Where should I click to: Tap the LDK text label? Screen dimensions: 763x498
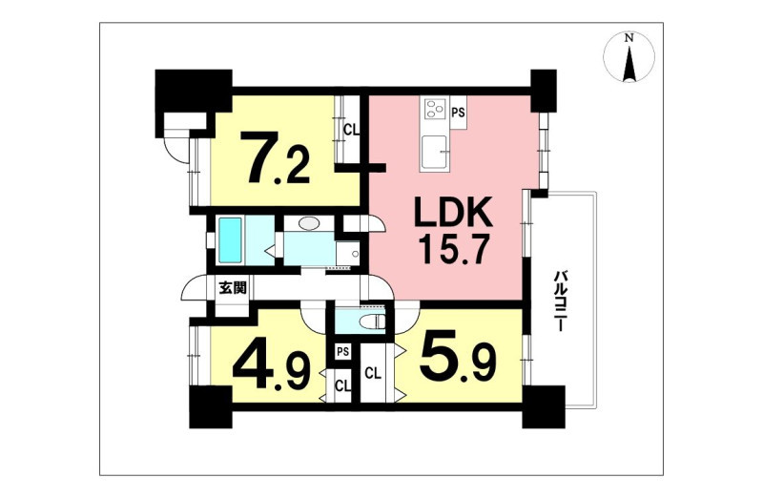[453, 212]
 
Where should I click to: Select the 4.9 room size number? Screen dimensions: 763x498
[272, 366]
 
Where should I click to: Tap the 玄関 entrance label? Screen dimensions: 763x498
[232, 288]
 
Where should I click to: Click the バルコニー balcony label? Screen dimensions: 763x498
[560, 301]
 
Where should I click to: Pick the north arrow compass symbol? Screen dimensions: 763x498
[629, 56]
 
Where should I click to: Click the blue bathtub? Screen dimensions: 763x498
[230, 240]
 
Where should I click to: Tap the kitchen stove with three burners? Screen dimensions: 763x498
[436, 109]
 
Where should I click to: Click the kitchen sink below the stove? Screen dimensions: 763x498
[434, 153]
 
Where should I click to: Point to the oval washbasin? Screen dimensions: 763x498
[308, 223]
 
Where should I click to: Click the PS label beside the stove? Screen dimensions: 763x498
[459, 113]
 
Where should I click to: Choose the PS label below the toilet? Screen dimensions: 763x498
[343, 351]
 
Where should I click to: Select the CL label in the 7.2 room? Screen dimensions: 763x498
[351, 130]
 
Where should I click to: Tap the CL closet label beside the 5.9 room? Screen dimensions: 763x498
[373, 374]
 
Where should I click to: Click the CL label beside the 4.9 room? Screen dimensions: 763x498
[342, 387]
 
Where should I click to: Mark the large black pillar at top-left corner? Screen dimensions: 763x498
[193, 103]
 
